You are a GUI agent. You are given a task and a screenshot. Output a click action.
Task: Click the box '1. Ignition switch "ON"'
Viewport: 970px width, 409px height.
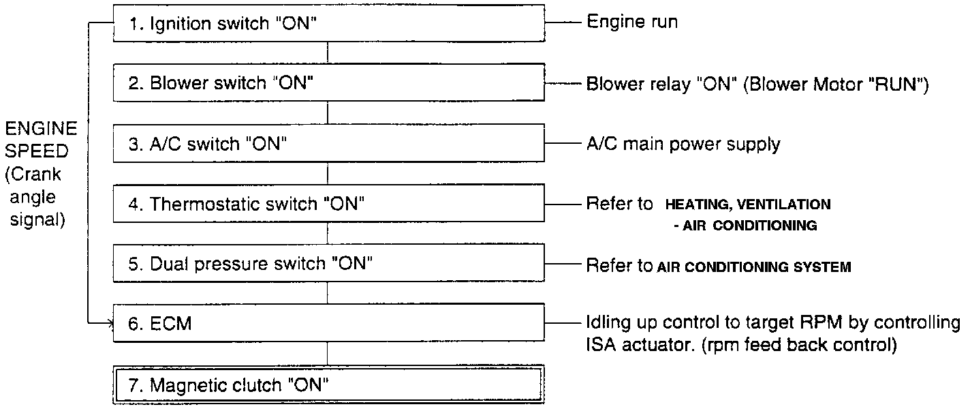pos(328,24)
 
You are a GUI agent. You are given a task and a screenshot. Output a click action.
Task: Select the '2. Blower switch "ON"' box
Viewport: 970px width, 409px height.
pos(328,83)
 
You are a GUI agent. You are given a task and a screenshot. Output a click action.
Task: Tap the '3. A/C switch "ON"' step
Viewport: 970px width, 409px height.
pos(328,144)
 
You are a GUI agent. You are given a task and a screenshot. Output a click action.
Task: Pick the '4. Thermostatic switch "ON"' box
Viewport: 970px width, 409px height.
pos(328,204)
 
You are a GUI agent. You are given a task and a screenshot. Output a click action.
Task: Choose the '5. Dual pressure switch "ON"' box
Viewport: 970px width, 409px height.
pos(328,264)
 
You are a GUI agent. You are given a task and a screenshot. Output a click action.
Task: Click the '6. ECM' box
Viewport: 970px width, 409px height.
pos(328,324)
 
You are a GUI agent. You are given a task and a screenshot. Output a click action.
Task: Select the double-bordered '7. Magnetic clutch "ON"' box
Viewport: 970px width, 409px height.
pos(328,384)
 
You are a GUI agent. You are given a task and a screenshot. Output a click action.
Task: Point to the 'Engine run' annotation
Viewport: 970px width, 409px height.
pos(632,22)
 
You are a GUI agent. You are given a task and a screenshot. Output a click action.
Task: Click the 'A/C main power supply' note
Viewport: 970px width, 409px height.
pos(683,144)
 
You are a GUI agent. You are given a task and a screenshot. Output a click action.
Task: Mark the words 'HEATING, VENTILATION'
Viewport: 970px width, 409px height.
pos(748,204)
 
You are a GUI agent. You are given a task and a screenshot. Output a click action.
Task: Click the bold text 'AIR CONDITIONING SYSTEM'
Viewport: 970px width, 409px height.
pos(754,267)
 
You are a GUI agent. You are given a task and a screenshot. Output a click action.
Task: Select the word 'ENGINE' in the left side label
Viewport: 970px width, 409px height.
pos(41,129)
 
